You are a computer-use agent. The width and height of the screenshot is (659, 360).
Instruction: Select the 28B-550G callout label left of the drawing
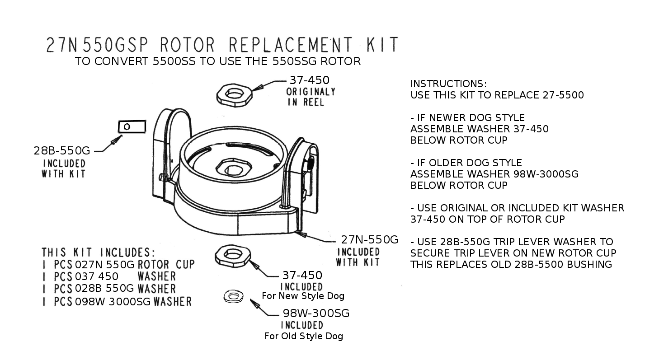pyautogui.click(x=62, y=151)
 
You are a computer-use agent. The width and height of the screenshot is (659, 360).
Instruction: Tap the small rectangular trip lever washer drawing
pyautogui.click(x=132, y=127)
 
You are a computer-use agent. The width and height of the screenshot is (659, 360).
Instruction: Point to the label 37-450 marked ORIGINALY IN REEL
pyautogui.click(x=310, y=80)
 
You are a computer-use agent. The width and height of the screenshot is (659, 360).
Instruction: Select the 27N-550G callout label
pyautogui.click(x=369, y=239)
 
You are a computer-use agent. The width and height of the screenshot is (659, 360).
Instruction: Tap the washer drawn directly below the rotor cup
pyautogui.click(x=233, y=256)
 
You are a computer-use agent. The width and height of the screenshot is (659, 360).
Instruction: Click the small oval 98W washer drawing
pyautogui.click(x=233, y=297)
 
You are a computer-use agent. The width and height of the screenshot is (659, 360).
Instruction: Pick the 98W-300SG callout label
pyautogui.click(x=316, y=313)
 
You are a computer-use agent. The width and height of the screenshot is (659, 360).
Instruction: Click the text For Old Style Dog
pyautogui.click(x=304, y=336)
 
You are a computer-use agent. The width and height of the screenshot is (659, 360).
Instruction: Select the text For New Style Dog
pyautogui.click(x=303, y=296)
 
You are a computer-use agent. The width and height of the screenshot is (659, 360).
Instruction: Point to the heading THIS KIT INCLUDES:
pyautogui.click(x=99, y=252)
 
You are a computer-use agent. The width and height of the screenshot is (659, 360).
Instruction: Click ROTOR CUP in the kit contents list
pyautogui.click(x=166, y=264)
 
